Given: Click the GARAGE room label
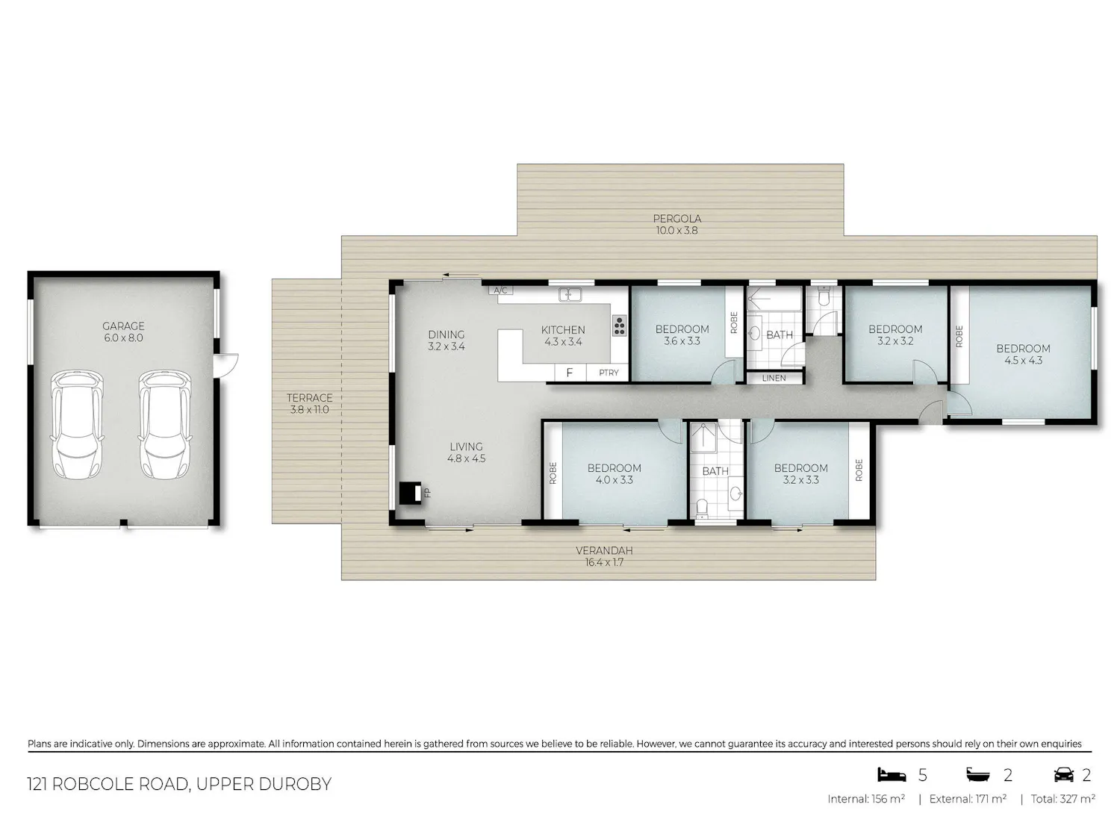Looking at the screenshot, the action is click(x=123, y=326).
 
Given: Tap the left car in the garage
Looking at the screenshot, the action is click(x=77, y=424).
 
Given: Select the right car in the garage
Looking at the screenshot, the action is click(x=165, y=424).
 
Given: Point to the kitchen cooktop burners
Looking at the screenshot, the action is click(x=620, y=326).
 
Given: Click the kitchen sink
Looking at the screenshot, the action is click(x=570, y=294).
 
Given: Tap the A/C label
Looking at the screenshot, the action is click(x=500, y=290).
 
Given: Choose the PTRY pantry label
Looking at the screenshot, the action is click(x=609, y=373).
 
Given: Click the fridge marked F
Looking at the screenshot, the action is click(x=570, y=373).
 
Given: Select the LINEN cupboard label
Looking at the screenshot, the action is click(x=774, y=378).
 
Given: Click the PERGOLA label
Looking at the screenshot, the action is click(x=677, y=218).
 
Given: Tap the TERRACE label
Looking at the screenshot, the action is click(x=309, y=398).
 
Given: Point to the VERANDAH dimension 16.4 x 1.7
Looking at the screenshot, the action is click(x=604, y=562).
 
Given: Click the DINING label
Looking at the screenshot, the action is click(x=447, y=335).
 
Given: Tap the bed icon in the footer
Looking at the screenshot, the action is click(x=892, y=775).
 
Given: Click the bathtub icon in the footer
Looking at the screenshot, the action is click(x=978, y=775).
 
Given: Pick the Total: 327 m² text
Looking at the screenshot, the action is click(x=1063, y=799).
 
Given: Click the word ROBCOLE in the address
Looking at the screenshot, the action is click(x=93, y=784).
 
